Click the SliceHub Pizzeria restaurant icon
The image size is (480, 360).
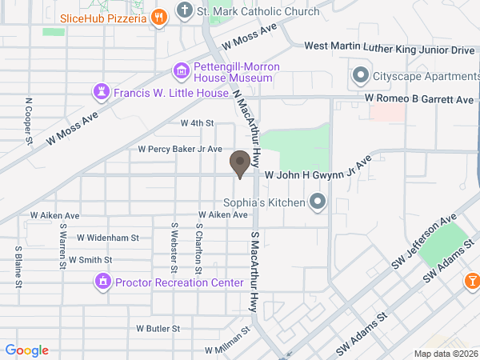coord(159,17)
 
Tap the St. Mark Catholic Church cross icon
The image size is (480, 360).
coord(185,11)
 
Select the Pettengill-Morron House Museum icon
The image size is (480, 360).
coord(182,72)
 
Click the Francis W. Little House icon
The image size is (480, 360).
coord(102,92)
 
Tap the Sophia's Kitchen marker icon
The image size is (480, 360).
coord(318,202)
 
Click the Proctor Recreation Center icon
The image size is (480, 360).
coord(102,282)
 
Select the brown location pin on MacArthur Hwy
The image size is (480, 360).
coord(239,163)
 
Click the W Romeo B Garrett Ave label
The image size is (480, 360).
coord(419,99)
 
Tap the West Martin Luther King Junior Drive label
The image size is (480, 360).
coord(390,50)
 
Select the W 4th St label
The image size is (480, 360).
coord(197,123)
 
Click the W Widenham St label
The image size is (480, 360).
coord(108,238)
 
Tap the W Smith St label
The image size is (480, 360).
coord(90,260)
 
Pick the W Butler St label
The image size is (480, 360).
coord(158,329)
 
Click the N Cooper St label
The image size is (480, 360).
coord(29,122)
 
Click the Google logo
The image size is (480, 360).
coord(27,350)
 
